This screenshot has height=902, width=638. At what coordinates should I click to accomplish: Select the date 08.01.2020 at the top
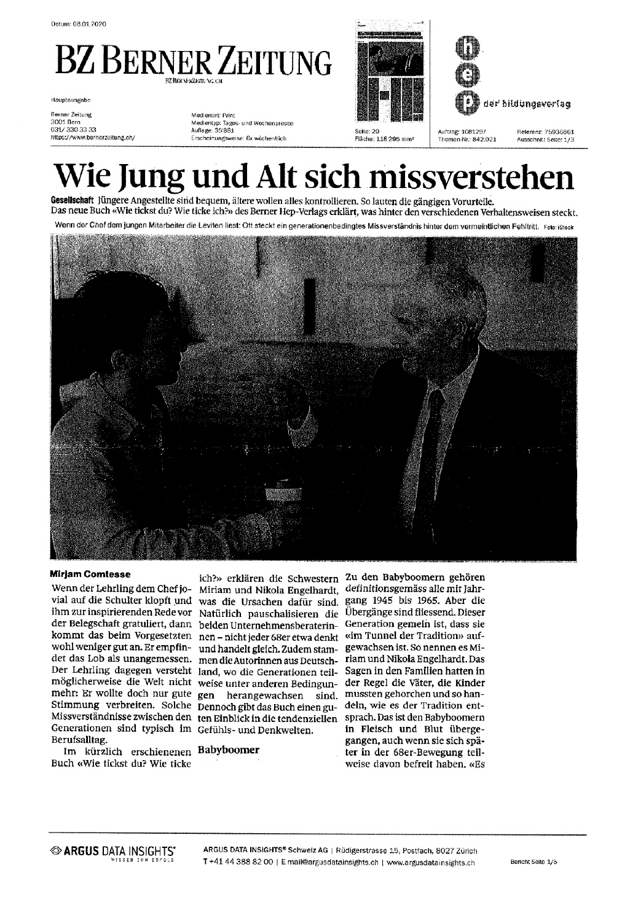tap(90, 24)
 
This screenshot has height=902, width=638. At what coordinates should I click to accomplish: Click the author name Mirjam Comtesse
tap(90, 575)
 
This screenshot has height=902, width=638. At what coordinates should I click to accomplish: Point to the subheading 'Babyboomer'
tap(229, 750)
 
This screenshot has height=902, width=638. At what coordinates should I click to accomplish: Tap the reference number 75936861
tap(559, 131)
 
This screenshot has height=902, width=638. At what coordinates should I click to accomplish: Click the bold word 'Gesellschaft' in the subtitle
tap(73, 202)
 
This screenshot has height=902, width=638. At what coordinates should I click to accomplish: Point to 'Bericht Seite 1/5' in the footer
tap(534, 863)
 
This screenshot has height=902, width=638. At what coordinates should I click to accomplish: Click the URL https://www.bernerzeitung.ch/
tap(92, 138)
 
